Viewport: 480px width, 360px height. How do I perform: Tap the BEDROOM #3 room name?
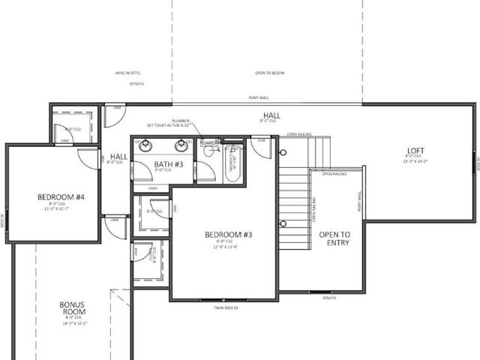point(228,235)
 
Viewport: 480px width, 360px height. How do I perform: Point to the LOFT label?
point(415,150)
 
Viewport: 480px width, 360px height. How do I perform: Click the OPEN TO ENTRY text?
point(334,239)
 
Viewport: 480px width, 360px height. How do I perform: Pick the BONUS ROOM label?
point(76,308)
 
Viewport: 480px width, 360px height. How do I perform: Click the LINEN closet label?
point(152,188)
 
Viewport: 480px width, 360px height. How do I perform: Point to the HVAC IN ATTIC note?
point(128,73)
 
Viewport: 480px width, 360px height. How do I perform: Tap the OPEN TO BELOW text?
point(270,73)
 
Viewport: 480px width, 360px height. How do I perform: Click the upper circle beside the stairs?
point(283,153)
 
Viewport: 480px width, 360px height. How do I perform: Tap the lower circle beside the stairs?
point(283,223)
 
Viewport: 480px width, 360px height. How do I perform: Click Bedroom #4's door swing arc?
point(88,155)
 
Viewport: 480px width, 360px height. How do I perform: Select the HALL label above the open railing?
point(268,115)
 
